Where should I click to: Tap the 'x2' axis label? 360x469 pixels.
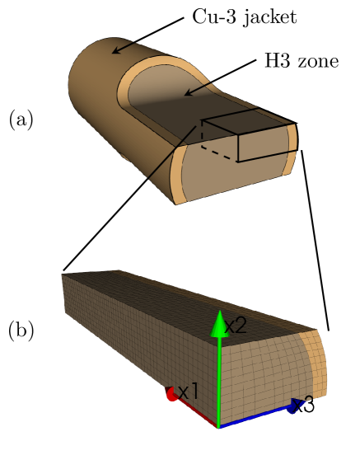pyautogui.click(x=236, y=325)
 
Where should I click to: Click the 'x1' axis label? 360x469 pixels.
pyautogui.click(x=189, y=392)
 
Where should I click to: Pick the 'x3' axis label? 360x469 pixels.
pyautogui.click(x=303, y=405)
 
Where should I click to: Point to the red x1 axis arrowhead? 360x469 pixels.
pyautogui.click(x=171, y=394)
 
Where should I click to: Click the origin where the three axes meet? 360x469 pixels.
pyautogui.click(x=218, y=427)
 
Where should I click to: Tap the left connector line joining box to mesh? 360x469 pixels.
pyautogui.click(x=132, y=198)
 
